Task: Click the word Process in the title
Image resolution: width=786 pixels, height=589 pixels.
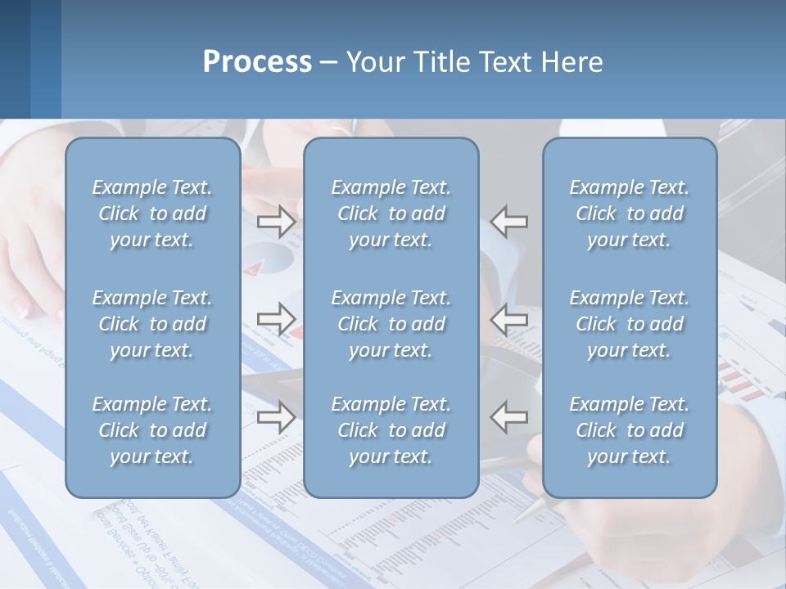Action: click(257, 62)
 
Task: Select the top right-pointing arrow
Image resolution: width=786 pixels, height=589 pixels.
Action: click(277, 221)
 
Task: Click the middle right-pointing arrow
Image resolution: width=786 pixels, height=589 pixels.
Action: click(277, 319)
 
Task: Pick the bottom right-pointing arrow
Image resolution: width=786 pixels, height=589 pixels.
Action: click(277, 417)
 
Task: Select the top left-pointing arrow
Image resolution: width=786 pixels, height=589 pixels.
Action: click(508, 221)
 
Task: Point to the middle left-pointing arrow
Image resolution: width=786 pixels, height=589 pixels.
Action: click(508, 319)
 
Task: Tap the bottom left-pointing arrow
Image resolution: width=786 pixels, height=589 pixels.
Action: click(508, 417)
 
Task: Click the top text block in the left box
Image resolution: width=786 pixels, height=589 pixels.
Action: click(152, 214)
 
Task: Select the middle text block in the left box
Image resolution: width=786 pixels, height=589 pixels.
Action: click(152, 324)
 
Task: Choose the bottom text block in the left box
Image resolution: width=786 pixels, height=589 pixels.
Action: click(152, 430)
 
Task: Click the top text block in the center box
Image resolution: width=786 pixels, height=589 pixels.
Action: click(391, 214)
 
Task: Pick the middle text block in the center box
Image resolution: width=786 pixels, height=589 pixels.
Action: click(391, 324)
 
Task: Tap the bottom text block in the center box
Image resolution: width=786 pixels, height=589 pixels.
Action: click(391, 430)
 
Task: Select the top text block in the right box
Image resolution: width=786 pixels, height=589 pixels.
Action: click(629, 214)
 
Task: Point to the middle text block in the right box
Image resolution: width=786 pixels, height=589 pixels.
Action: click(629, 324)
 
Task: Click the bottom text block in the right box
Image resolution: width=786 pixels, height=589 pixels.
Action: click(629, 430)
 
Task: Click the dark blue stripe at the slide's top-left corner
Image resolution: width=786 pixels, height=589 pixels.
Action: click(15, 57)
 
